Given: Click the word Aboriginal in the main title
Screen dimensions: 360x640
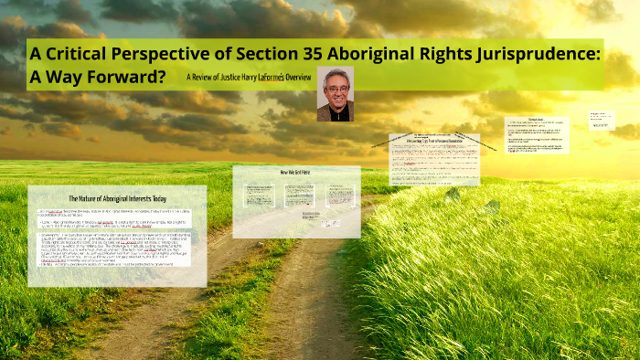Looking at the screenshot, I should (x=396, y=54).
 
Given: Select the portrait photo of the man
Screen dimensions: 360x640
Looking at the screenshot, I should (x=335, y=93).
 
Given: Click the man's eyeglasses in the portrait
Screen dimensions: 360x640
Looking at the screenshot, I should (x=335, y=88).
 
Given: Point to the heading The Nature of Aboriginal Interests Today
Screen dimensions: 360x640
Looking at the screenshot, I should (x=117, y=198).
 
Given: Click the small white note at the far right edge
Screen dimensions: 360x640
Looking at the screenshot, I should (x=602, y=121).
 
